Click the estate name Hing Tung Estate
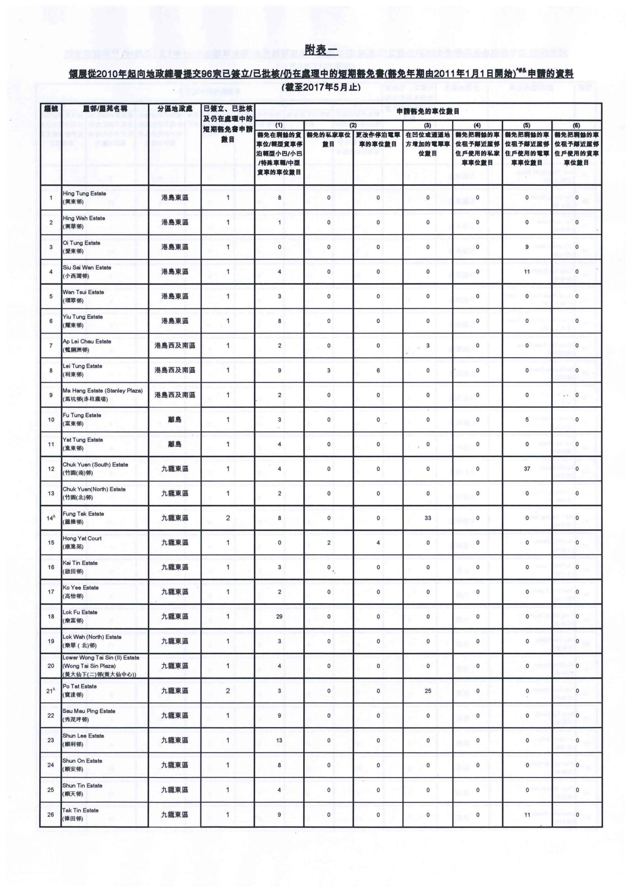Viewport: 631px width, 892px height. point(84,193)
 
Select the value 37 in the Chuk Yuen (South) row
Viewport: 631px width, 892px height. point(527,469)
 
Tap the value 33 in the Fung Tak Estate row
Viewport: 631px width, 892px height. point(428,518)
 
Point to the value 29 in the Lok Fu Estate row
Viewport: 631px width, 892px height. point(279,616)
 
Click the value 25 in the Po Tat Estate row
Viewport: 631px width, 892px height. point(428,691)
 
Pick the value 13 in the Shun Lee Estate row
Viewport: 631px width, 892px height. point(279,740)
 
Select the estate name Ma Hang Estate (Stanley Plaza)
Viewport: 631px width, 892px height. point(102,391)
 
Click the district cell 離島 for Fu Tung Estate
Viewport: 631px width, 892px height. point(175,420)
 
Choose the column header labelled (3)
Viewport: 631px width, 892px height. point(428,125)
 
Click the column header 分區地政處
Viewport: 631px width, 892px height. point(175,109)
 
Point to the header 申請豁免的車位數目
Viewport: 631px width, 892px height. point(428,111)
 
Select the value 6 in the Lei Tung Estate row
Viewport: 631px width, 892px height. point(378,370)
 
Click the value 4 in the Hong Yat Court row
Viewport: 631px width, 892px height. point(378,543)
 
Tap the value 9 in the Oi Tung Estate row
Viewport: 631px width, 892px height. point(527,247)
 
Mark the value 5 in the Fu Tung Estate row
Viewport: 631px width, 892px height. point(527,420)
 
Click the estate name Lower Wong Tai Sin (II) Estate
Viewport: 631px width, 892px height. point(101,658)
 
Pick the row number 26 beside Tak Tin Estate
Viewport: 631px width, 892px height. point(51,814)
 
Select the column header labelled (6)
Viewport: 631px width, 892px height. point(577,125)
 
